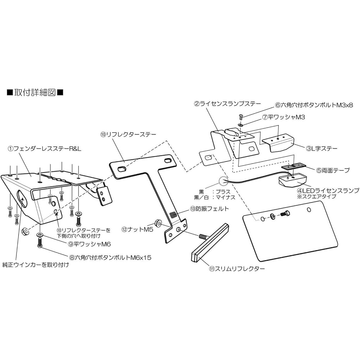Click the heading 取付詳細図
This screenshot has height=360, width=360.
pyautogui.click(x=35, y=93)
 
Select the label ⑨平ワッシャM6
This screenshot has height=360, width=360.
pyautogui.click(x=89, y=244)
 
